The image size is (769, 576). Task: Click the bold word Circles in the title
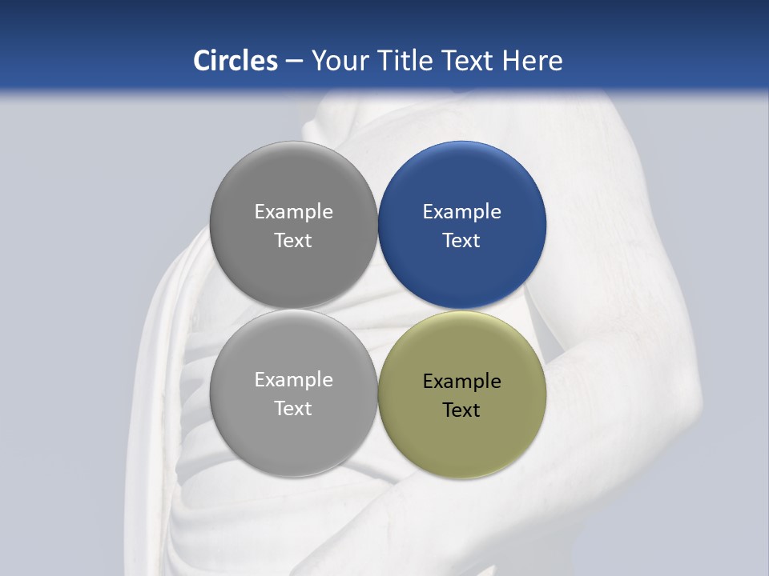coord(236,61)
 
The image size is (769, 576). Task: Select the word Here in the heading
coord(532,61)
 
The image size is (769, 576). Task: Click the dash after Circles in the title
coord(294,62)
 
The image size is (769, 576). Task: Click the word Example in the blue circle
coord(462,212)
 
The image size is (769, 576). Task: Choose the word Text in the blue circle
coord(461,241)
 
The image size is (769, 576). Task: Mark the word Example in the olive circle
coord(462,382)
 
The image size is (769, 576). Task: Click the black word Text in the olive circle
coord(461,410)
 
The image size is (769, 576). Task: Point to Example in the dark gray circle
coord(293,212)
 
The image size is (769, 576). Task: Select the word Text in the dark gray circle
coord(293,241)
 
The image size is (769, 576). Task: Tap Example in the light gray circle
coord(293,380)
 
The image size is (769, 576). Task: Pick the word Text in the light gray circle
coord(293,409)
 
